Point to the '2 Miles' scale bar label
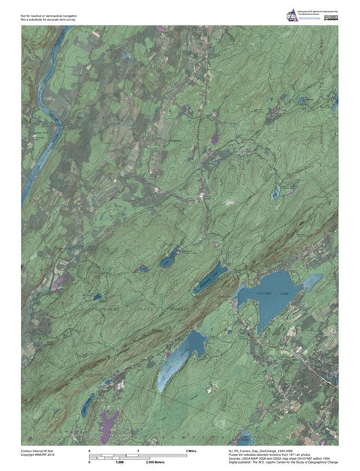(191, 451)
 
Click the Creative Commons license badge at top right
(331, 17)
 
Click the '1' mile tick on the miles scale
(138, 451)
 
